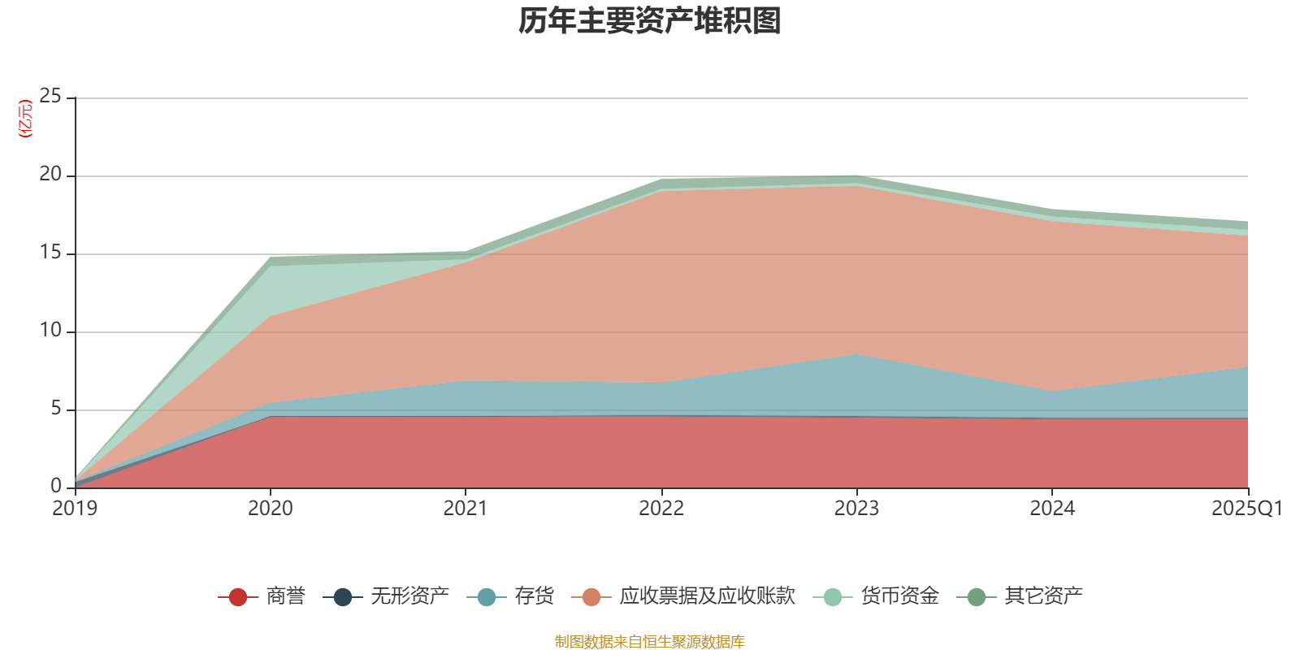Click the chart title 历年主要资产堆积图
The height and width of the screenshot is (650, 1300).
pos(650,21)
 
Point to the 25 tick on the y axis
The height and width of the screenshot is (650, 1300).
pos(50,97)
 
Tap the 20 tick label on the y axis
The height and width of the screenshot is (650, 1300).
pos(50,175)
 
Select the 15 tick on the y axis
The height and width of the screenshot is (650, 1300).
pos(50,253)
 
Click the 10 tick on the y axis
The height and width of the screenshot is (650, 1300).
pos(50,331)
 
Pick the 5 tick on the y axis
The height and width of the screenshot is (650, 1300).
pos(55,409)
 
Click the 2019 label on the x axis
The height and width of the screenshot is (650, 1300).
pos(75,509)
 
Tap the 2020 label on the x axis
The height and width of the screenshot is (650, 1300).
pos(271,509)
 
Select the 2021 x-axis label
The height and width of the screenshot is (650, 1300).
pos(466,509)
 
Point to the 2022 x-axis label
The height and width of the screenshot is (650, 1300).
pos(661,509)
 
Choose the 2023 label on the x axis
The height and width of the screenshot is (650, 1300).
pos(856,509)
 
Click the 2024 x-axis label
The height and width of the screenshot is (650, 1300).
pos(1052,509)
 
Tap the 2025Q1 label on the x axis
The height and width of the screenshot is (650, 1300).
pos(1246,509)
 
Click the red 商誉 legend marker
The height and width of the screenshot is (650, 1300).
pos(238,597)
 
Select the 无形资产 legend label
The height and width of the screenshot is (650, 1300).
pos(409,596)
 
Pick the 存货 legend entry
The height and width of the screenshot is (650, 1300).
pos(534,596)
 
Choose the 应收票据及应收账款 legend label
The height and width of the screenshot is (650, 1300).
pos(707,596)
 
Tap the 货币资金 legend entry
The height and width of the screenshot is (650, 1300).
pos(899,596)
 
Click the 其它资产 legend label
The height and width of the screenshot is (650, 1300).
pos(1043,596)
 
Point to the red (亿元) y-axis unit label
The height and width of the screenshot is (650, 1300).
pos(25,119)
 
